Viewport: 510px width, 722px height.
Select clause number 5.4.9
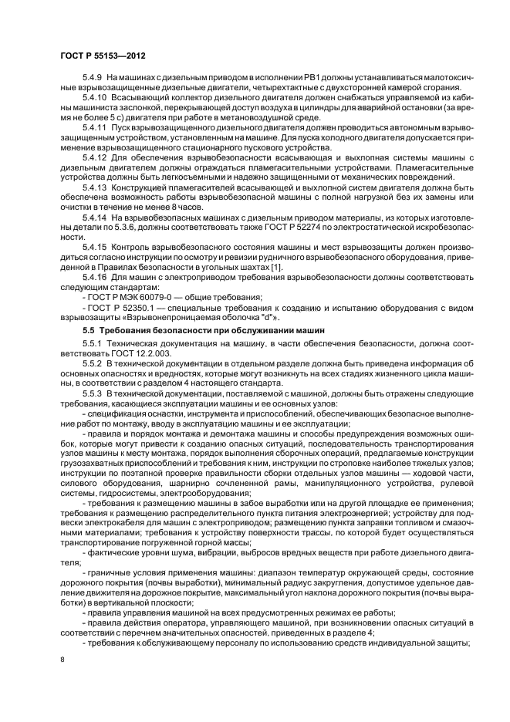93,79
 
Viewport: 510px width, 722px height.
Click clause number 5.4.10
96,99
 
